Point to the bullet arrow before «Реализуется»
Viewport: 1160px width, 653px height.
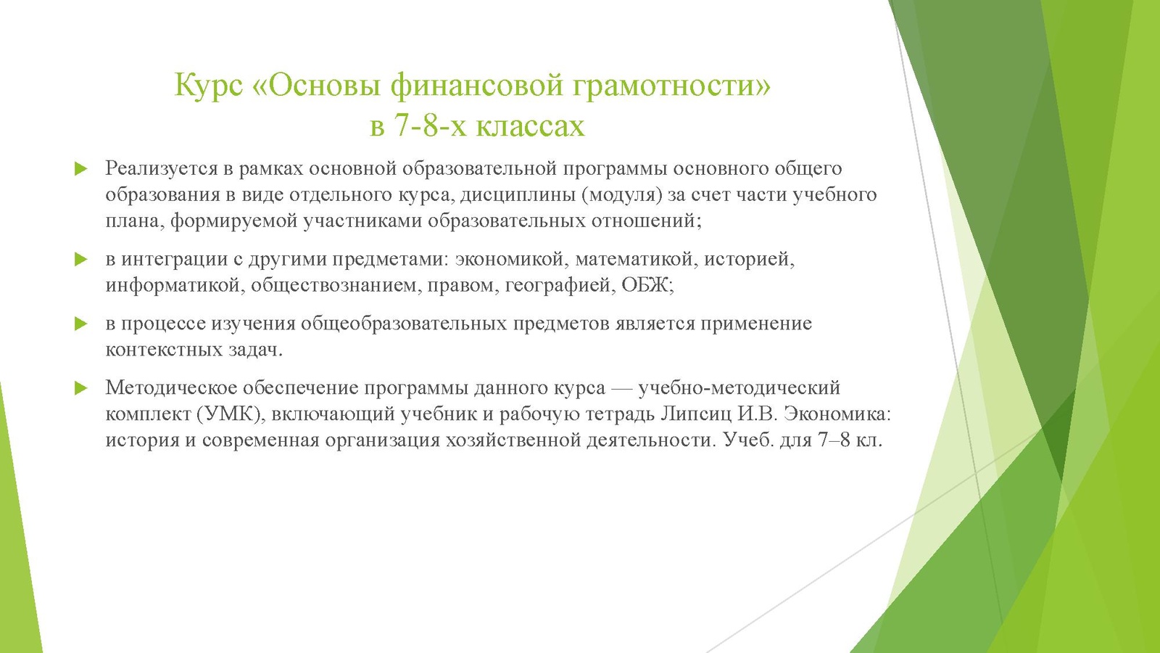point(80,168)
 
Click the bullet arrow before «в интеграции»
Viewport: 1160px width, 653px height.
point(80,259)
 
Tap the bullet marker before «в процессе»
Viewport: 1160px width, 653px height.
point(80,324)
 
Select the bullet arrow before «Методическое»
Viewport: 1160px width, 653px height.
point(80,388)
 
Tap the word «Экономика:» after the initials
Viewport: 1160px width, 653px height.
point(837,414)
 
